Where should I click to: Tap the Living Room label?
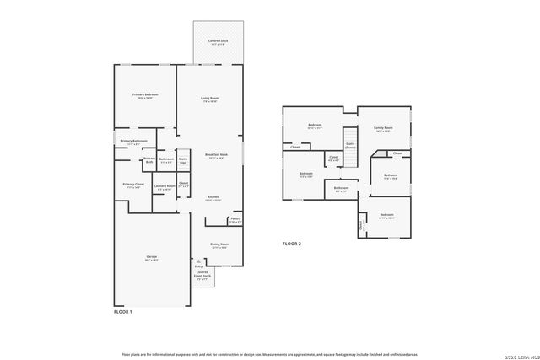[x=209, y=99]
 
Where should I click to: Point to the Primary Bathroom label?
[x=134, y=142]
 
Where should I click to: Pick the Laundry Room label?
[x=165, y=186]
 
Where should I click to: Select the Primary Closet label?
[x=133, y=185]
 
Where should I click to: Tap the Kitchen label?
[x=213, y=198]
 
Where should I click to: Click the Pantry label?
[x=235, y=219]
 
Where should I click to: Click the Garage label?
[x=150, y=258]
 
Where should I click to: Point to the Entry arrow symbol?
[x=198, y=261]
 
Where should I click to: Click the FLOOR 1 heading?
[x=123, y=312]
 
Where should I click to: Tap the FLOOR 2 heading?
[x=292, y=244]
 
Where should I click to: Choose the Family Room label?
[x=384, y=129]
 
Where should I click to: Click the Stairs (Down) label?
[x=350, y=146]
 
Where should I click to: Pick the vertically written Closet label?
[x=361, y=225]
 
